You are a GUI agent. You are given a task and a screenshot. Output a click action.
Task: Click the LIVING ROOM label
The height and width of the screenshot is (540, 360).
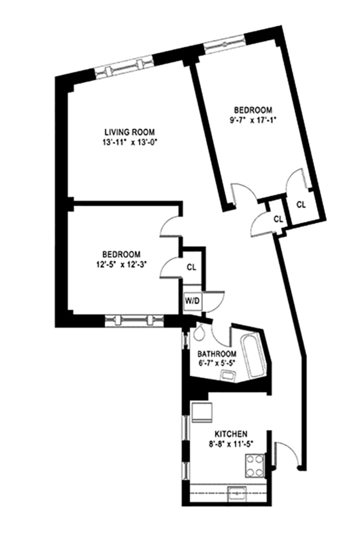point(130,132)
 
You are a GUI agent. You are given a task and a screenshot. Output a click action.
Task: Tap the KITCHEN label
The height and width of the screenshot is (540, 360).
point(230,434)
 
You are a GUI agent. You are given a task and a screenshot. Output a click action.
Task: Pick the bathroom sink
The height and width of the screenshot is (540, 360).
point(227,375)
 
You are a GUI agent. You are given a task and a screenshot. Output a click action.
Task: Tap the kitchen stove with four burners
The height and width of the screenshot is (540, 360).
point(255,465)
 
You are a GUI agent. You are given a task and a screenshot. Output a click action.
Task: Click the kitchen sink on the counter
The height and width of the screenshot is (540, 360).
point(236,494)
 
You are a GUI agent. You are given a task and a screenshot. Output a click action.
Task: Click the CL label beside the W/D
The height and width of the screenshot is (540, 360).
point(192,267)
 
